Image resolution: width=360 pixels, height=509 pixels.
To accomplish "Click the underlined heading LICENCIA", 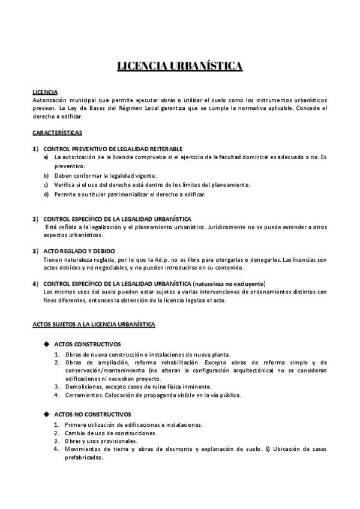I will pyautogui.click(x=44, y=92).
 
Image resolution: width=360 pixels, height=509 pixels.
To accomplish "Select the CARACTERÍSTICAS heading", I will pyautogui.click(x=57, y=131).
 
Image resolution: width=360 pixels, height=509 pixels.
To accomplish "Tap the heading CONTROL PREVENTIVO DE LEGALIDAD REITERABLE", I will pyautogui.click(x=113, y=148).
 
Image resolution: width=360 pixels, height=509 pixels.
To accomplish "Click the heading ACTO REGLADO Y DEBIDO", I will pyautogui.click(x=79, y=250).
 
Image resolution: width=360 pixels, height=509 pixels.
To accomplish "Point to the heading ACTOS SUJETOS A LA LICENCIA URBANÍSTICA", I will pyautogui.click(x=94, y=324).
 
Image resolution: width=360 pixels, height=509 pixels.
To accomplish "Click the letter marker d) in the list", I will pyautogui.click(x=46, y=194).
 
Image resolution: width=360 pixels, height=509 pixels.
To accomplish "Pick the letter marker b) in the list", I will pyautogui.click(x=46, y=175).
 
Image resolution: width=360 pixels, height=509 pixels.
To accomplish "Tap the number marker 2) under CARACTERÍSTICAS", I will pyautogui.click(x=35, y=218).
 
